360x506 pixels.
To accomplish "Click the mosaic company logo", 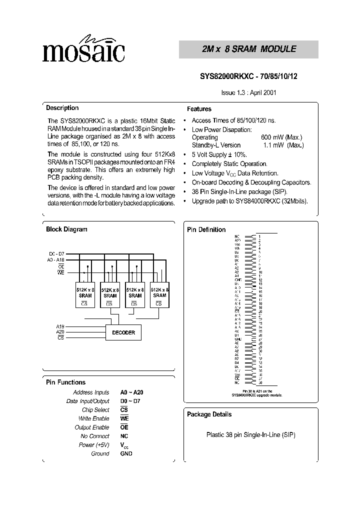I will click(83, 49).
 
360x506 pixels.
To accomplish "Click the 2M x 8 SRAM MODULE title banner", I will click(248, 49).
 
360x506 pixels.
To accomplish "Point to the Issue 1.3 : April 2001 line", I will click(249, 92).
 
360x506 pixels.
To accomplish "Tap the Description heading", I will click(62, 108).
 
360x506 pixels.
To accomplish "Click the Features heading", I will click(199, 109).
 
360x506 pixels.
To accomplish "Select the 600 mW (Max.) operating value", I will click(281, 137).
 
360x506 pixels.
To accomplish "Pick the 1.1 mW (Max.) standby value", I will click(283, 145).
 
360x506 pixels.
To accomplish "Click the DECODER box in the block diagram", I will click(123, 332).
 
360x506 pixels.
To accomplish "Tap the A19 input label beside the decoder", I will click(60, 326).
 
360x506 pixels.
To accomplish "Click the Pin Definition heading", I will click(206, 230).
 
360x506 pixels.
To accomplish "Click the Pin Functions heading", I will click(65, 382).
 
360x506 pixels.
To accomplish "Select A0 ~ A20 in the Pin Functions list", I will click(131, 393).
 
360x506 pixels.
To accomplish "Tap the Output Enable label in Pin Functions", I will click(92, 427).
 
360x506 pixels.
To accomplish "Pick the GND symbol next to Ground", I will click(126, 453).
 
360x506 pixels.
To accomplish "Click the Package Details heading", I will click(209, 414).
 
